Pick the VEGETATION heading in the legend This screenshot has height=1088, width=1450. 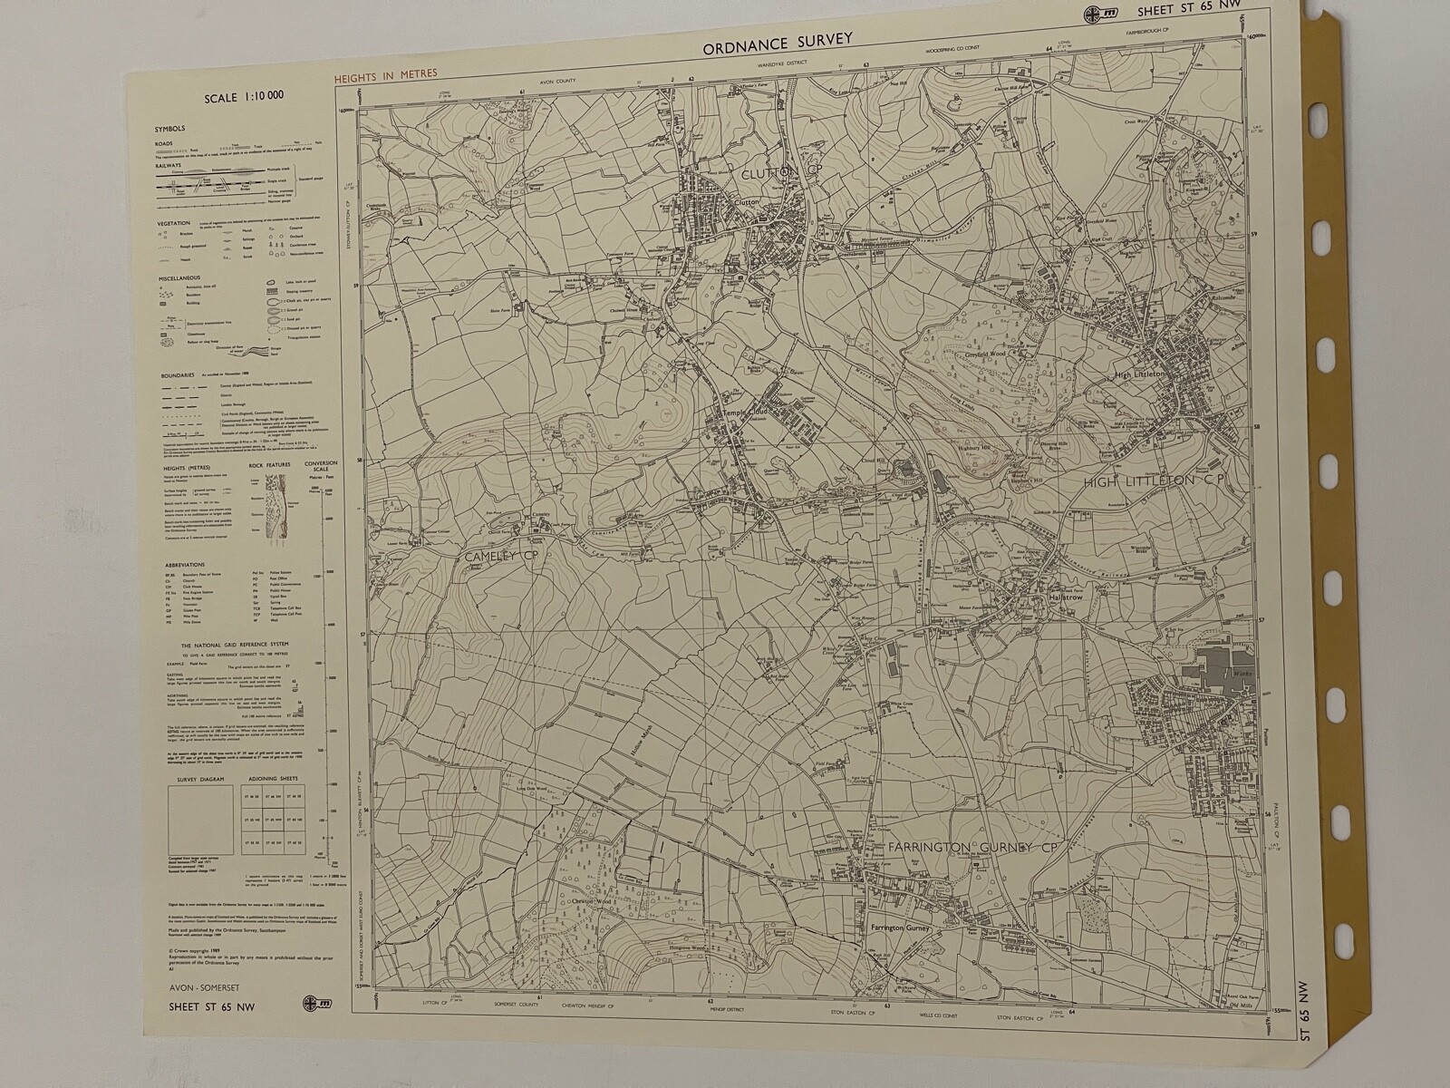173,223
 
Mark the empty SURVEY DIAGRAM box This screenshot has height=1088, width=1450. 200,820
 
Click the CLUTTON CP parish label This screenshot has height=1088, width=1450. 770,173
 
